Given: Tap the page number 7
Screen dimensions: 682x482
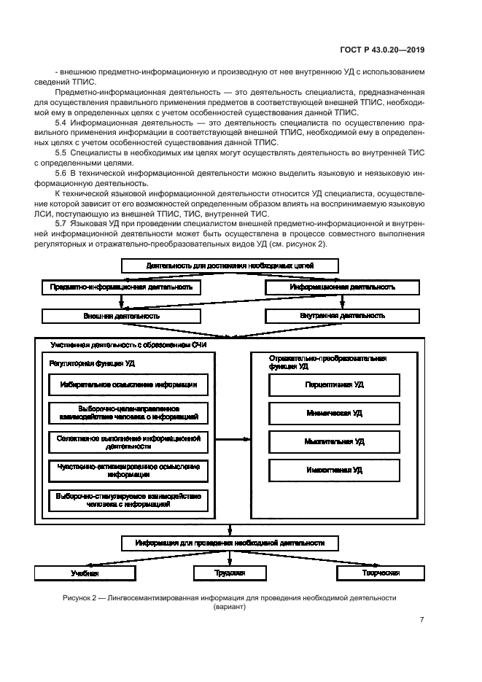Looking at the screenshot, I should (421, 620).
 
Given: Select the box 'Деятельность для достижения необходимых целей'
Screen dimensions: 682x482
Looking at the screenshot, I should (230, 266).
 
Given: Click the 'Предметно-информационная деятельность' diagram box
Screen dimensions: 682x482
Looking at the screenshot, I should (121, 287).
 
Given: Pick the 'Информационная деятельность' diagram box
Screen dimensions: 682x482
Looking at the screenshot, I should (342, 287).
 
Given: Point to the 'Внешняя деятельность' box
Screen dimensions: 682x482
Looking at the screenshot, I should (121, 316).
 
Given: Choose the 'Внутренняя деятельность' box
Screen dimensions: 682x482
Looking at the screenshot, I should (342, 316).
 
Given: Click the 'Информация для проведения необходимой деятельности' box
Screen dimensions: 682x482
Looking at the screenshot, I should (230, 543).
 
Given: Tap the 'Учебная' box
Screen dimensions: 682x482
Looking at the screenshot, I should (85, 573).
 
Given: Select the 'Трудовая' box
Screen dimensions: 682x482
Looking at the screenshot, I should (231, 573).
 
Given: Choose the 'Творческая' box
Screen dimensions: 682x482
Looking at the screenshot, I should (378, 573).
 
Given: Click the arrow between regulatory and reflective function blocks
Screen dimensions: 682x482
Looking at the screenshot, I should (233, 439).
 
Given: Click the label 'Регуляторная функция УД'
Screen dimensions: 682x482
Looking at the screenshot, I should (92, 363).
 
